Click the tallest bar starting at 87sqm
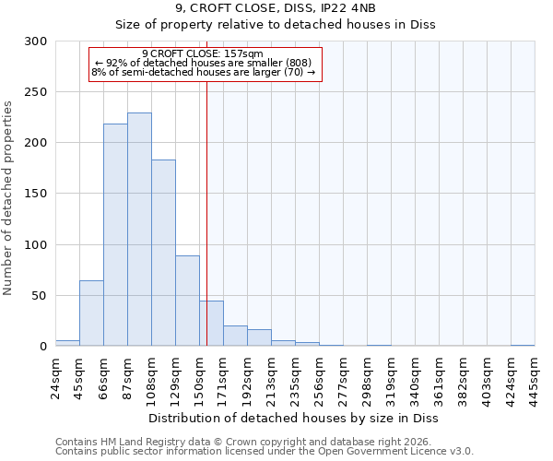(x=139, y=230)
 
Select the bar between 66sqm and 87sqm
(x=115, y=235)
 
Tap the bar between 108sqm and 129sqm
(x=163, y=253)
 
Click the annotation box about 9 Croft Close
(x=205, y=65)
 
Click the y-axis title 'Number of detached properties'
(x=9, y=194)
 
